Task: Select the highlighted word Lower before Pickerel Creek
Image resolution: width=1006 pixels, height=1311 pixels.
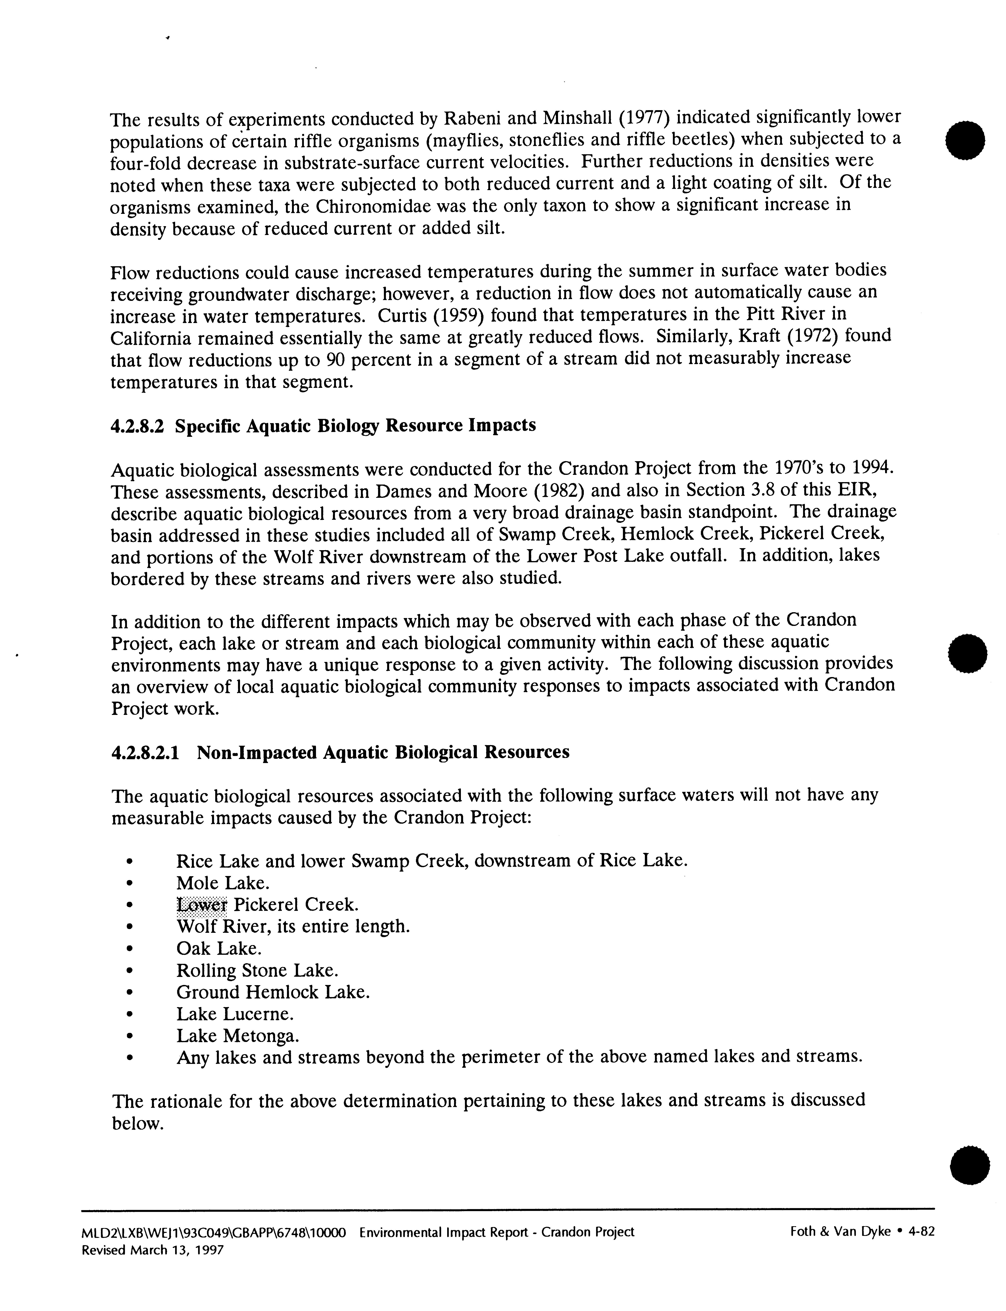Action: coord(202,905)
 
